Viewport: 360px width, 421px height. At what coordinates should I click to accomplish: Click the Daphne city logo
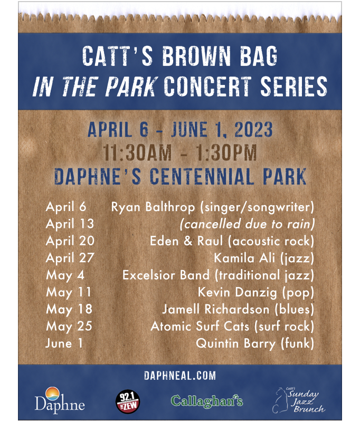pos(60,399)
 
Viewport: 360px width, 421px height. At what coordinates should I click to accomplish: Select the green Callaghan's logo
pos(206,401)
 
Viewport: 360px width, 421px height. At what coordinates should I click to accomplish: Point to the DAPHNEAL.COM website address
pos(180,376)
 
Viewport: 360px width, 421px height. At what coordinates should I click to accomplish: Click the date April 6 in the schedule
pos(66,206)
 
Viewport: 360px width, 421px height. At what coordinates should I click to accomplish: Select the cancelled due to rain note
pos(248,224)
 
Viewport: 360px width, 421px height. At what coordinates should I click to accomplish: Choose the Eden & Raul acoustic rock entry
pos(232,241)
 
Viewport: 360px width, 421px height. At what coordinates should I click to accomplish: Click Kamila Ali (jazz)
pos(264,258)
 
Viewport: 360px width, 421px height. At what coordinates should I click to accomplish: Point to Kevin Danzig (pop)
pos(256,292)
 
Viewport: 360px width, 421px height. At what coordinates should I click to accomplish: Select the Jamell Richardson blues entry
pos(238,310)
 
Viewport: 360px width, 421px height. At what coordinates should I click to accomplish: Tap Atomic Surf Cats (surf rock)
pos(232,327)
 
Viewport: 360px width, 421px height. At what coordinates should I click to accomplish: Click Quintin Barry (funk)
pos(255,344)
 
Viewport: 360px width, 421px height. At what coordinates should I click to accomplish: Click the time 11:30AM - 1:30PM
pos(180,154)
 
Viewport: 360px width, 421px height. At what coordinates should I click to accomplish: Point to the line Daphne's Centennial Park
pos(180,176)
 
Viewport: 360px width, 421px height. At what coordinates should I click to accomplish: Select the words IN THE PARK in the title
pos(94,86)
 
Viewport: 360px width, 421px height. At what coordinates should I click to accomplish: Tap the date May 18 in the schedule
pos(69,310)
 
